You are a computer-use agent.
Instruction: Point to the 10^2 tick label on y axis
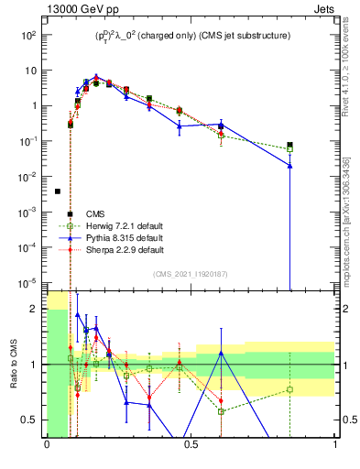point(28,35)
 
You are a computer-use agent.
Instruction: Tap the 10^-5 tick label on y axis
point(28,282)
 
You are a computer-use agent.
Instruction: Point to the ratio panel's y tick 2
point(36,309)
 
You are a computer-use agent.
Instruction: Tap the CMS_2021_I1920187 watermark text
point(191,273)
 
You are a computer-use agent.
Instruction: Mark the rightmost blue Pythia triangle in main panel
point(289,166)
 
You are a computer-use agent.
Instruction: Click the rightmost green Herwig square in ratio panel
point(289,389)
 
